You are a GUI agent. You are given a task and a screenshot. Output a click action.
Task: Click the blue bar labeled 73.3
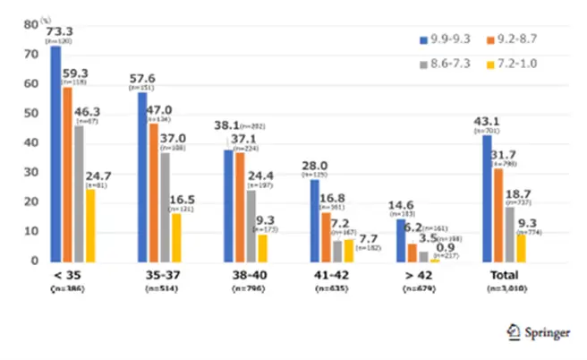(55, 152)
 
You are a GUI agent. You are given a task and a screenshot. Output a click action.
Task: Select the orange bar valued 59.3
(67, 174)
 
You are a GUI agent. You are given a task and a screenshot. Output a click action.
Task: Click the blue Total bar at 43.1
(487, 198)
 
